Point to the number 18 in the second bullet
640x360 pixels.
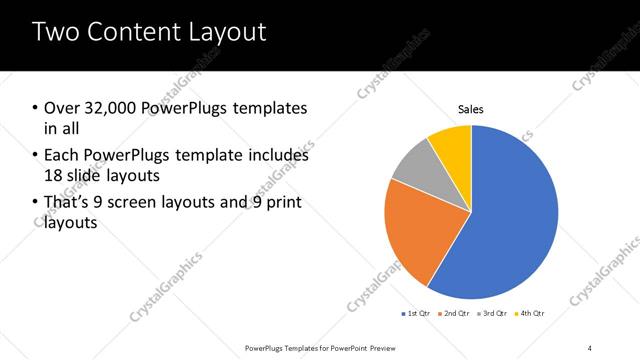click(x=54, y=177)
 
